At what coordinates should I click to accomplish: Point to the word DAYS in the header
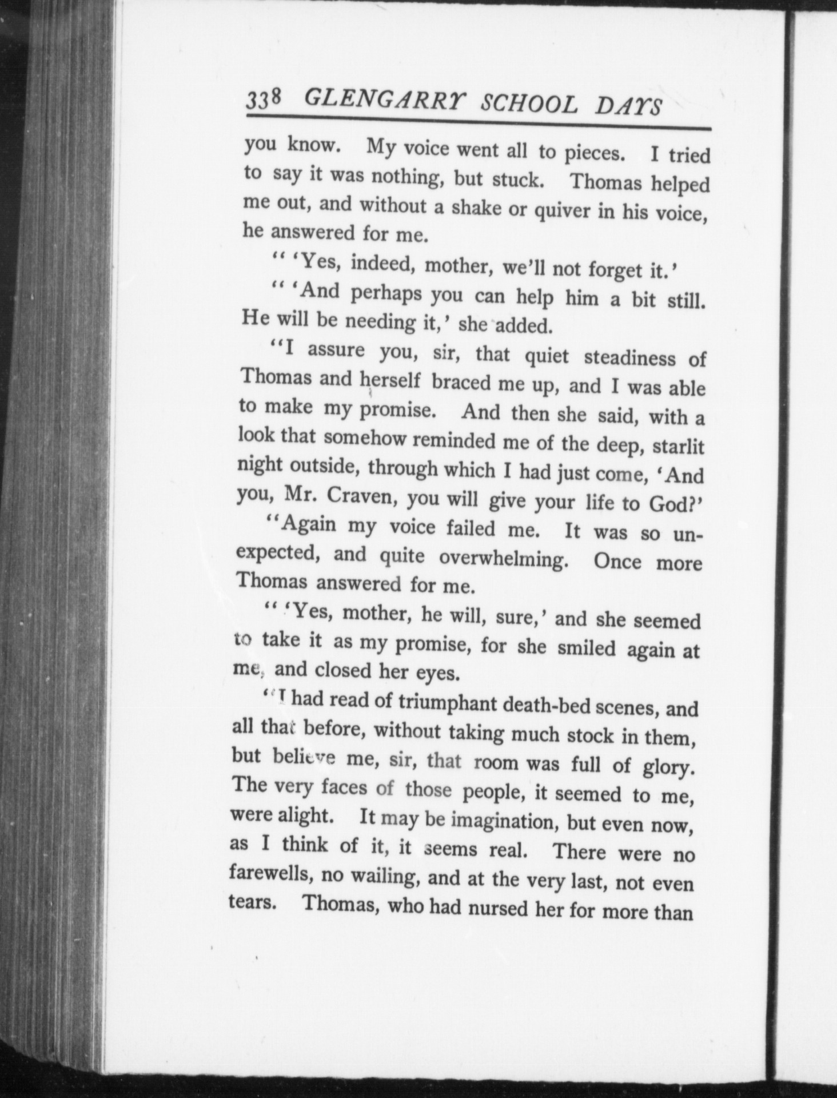[x=629, y=106]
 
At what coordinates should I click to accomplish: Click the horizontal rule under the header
[x=478, y=124]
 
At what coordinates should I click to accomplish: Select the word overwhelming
[x=503, y=558]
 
